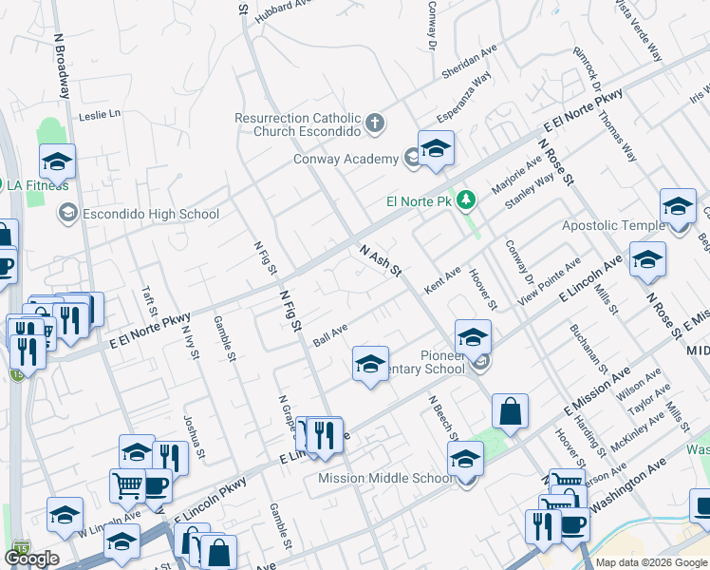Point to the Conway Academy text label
pyautogui.click(x=345, y=159)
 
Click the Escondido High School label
pyautogui.click(x=151, y=214)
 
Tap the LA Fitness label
pyautogui.click(x=39, y=185)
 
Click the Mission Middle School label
pyautogui.click(x=385, y=478)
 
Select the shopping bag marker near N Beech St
pyautogui.click(x=510, y=412)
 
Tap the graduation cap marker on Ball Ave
pyautogui.click(x=370, y=364)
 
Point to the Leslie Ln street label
pyautogui.click(x=101, y=115)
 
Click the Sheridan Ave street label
pyautogui.click(x=470, y=63)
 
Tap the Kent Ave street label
pyautogui.click(x=442, y=279)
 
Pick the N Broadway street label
pyautogui.click(x=63, y=66)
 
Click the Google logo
pyautogui.click(x=32, y=559)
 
